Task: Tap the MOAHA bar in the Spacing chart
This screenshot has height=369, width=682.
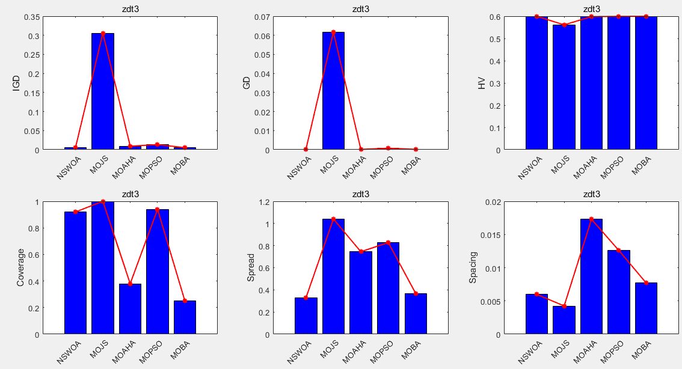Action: click(591, 276)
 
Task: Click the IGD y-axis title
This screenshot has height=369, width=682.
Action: click(16, 83)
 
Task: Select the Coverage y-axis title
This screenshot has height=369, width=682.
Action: click(20, 268)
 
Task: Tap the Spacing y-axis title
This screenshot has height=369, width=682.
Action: click(473, 268)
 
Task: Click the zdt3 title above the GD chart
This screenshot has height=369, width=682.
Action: click(361, 9)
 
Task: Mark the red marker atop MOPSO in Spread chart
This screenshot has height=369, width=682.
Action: click(388, 242)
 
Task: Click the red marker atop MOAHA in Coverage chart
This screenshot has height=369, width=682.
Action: click(130, 284)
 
